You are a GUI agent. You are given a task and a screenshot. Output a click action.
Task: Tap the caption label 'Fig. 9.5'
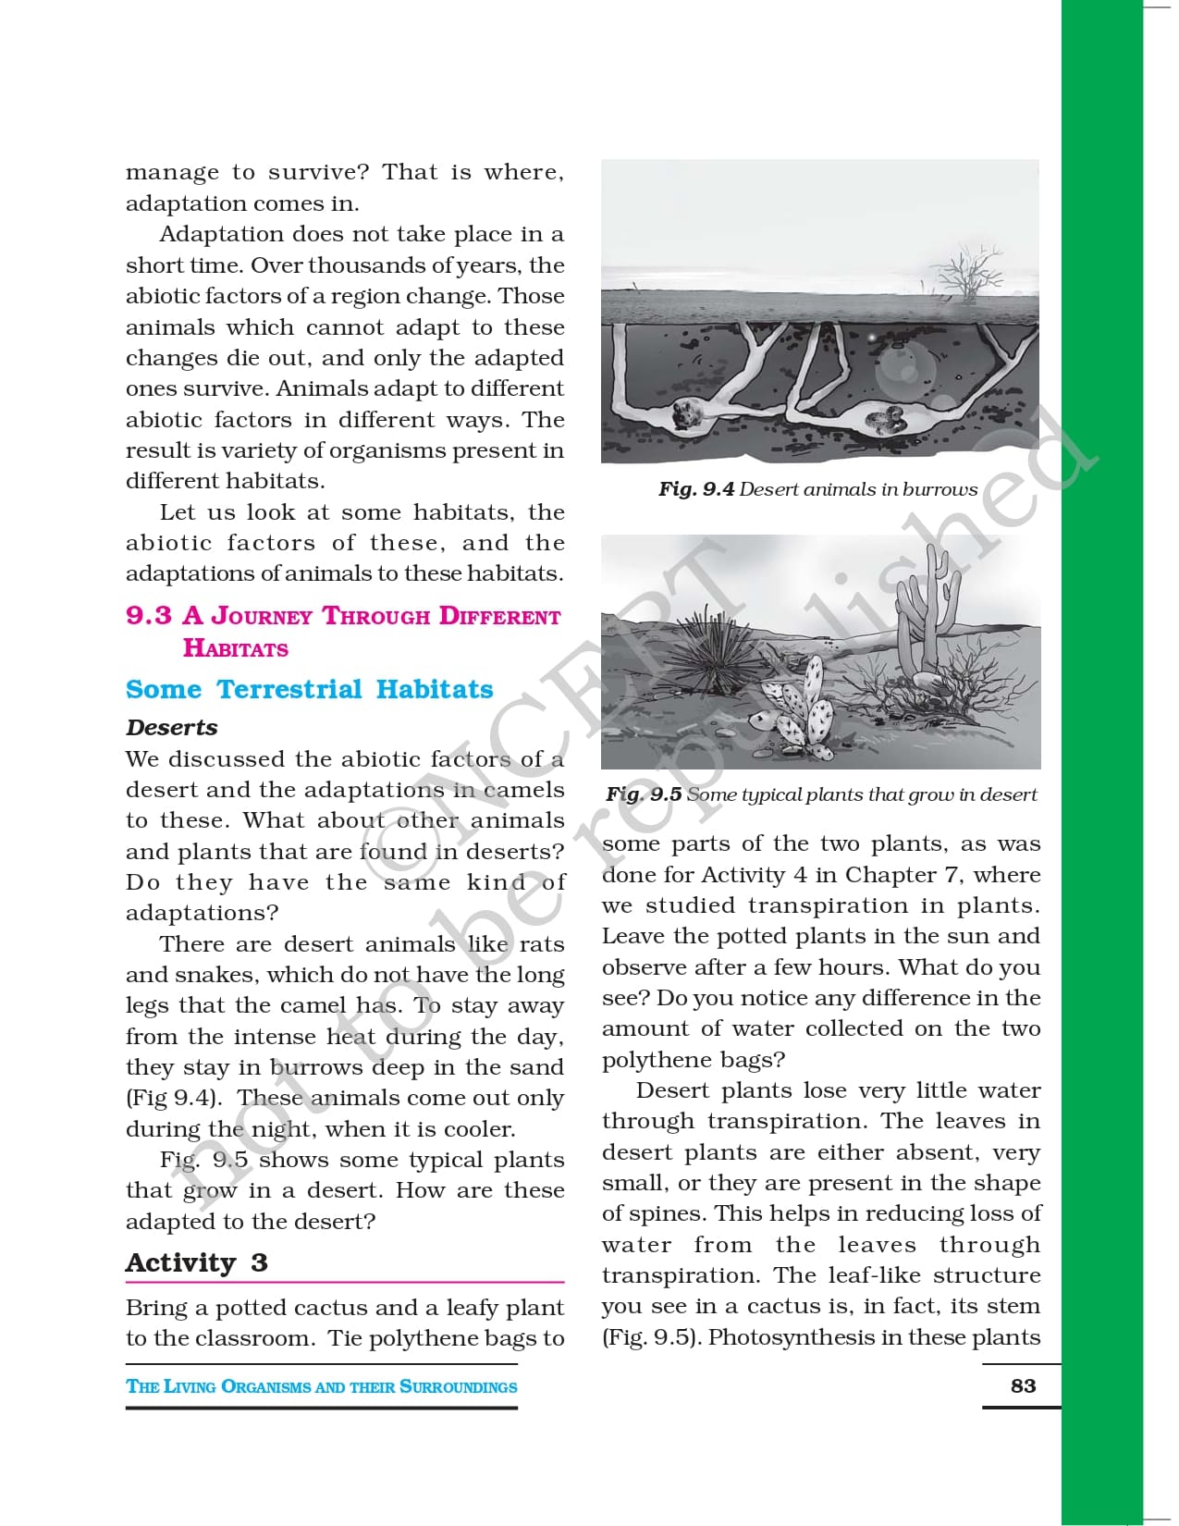tap(644, 794)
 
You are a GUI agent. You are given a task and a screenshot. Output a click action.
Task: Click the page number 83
tap(1023, 1385)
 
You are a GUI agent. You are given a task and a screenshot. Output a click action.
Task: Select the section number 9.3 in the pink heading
tap(148, 616)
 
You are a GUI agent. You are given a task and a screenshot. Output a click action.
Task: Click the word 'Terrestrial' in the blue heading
tap(289, 690)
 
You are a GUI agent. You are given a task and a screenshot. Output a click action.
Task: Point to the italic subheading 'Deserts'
tap(172, 728)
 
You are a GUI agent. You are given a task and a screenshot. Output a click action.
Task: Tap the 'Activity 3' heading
tap(196, 1263)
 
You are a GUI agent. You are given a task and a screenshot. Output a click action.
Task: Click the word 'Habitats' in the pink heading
tap(235, 648)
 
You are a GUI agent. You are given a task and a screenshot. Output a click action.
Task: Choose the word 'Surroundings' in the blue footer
tap(458, 1386)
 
